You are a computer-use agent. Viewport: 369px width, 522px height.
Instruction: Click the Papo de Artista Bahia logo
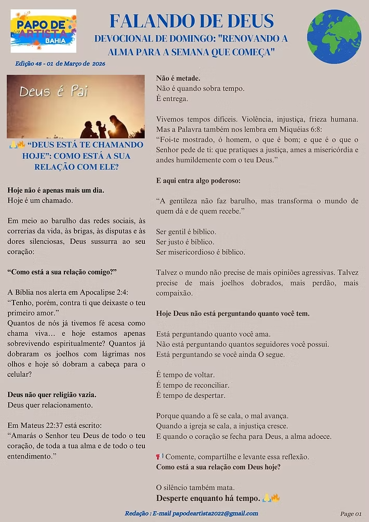43,31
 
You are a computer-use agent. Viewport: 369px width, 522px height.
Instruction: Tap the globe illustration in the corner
334,36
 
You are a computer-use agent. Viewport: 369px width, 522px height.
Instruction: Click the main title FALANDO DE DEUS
191,21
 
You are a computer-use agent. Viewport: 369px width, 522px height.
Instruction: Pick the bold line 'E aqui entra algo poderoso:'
199,180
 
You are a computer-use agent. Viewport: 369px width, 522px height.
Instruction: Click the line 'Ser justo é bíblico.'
185,242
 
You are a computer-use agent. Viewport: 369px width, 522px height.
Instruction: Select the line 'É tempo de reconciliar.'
193,385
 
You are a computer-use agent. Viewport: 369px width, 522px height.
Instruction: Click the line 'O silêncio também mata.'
195,488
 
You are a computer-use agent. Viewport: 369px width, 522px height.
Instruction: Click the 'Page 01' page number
350,514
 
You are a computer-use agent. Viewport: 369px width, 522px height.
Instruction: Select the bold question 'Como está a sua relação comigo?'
62,272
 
